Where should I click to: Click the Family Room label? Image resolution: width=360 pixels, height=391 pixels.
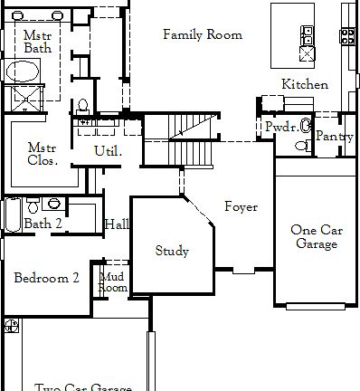click(202, 35)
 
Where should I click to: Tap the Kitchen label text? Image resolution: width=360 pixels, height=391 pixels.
click(305, 84)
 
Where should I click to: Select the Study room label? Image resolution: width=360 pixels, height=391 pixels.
click(172, 251)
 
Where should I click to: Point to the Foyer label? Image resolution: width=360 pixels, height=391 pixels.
click(241, 207)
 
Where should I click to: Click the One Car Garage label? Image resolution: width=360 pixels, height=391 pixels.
click(315, 236)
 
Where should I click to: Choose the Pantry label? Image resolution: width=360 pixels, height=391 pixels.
click(335, 137)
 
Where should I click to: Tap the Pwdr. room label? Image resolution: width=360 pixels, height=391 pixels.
click(281, 128)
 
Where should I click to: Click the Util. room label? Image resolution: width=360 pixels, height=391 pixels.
click(109, 151)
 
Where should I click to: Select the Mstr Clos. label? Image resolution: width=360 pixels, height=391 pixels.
click(43, 154)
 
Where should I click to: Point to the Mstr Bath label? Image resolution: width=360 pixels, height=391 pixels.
click(38, 40)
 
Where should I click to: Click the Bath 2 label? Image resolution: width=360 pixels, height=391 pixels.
click(43, 224)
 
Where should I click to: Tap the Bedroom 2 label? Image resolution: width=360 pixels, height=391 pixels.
click(46, 278)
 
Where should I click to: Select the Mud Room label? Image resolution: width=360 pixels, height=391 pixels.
click(113, 281)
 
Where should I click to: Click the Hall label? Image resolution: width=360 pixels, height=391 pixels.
click(116, 224)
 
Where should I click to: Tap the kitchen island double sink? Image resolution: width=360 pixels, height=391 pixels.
click(308, 35)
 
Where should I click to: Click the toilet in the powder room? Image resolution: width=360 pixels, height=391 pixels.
click(306, 126)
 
